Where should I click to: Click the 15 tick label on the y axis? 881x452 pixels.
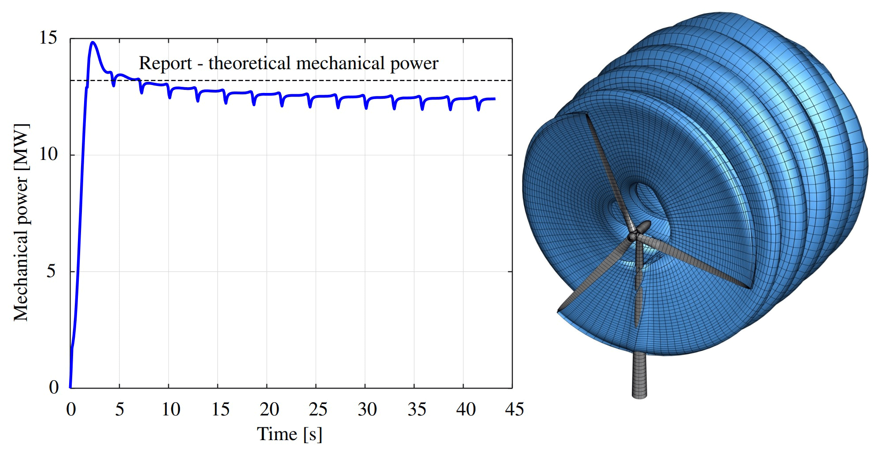[x=48, y=38]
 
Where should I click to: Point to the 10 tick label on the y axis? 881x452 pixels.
[x=48, y=154]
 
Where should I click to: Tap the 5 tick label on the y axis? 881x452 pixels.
[x=51, y=271]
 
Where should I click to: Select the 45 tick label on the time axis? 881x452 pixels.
[x=514, y=410]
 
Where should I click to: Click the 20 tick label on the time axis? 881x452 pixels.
[x=269, y=410]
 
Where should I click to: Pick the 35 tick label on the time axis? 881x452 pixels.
[x=417, y=410]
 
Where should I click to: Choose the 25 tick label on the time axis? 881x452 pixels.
[x=318, y=410]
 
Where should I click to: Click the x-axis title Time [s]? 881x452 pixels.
[x=289, y=434]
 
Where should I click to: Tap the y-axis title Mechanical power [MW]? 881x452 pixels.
[x=21, y=222]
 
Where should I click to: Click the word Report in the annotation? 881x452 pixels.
[x=165, y=63]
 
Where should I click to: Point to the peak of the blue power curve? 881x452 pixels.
[x=93, y=42]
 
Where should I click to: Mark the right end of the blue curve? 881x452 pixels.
[x=494, y=99]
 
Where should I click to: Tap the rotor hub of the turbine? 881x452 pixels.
[x=633, y=236]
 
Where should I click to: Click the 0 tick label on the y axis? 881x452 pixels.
[x=53, y=387]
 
